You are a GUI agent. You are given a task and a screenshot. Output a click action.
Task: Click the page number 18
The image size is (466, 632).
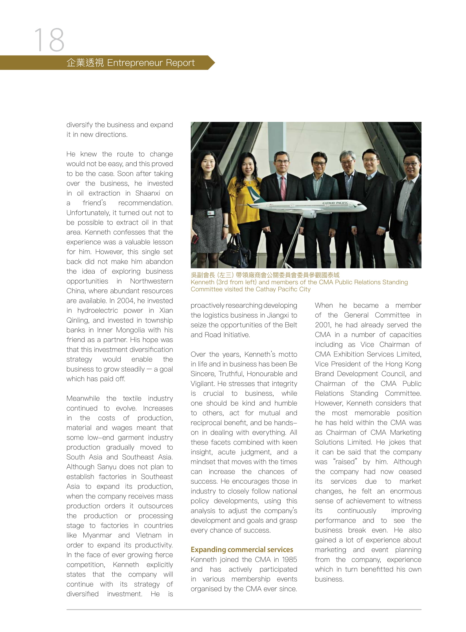pos(49,40)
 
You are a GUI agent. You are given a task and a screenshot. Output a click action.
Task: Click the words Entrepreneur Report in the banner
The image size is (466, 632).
pos(151,62)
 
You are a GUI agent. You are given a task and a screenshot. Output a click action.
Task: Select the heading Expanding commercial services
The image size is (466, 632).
pos(242,550)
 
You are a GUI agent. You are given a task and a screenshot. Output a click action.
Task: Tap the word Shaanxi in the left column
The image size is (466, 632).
pos(148,193)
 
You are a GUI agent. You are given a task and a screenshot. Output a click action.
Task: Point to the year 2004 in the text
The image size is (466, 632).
pos(125,300)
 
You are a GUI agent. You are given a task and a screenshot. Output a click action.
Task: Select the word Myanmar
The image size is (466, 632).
pos(97,535)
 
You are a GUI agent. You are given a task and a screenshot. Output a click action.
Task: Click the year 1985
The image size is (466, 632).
pos(289,559)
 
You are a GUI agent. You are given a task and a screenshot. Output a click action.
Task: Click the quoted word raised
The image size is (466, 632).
pos(345,462)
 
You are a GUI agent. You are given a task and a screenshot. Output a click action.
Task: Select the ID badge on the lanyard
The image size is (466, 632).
pos(211,213)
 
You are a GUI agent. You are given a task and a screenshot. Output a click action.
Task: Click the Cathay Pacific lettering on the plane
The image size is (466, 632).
pos(335,203)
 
